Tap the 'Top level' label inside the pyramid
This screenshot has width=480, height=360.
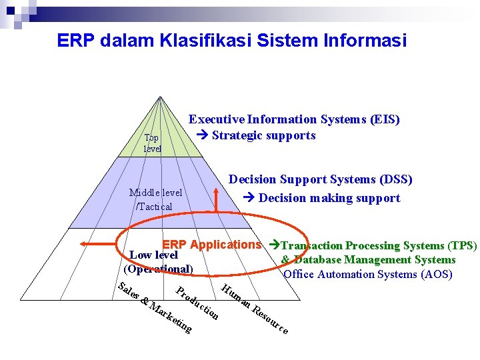[152, 143]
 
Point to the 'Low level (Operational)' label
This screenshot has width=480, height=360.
[157, 262]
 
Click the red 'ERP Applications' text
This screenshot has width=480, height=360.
[211, 245]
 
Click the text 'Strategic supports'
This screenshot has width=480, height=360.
[263, 135]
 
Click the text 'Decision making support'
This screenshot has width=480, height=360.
[329, 198]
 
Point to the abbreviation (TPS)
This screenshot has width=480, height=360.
[462, 245]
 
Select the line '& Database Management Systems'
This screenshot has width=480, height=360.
[368, 260]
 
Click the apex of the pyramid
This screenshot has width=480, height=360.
[161, 97]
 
